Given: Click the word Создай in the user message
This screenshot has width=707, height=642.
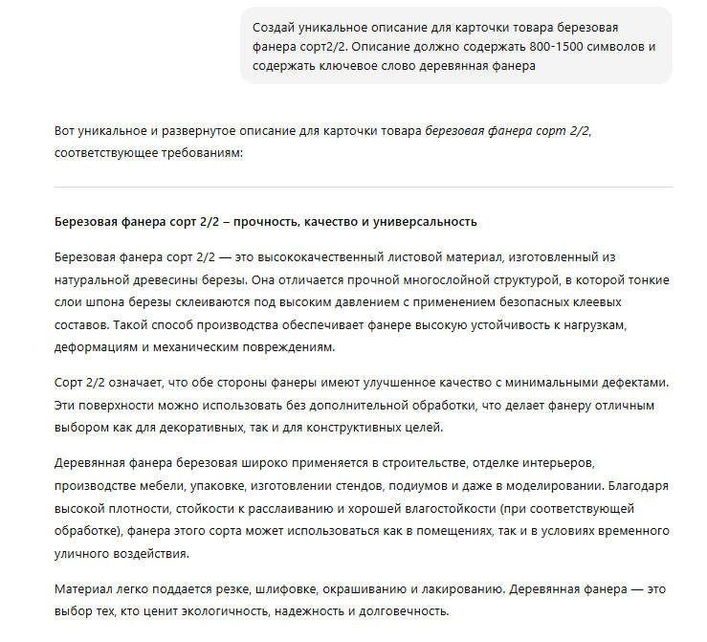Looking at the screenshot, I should click(277, 26).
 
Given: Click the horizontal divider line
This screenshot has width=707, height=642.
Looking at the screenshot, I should click(364, 187).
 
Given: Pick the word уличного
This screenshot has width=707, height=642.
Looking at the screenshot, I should click(86, 552).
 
